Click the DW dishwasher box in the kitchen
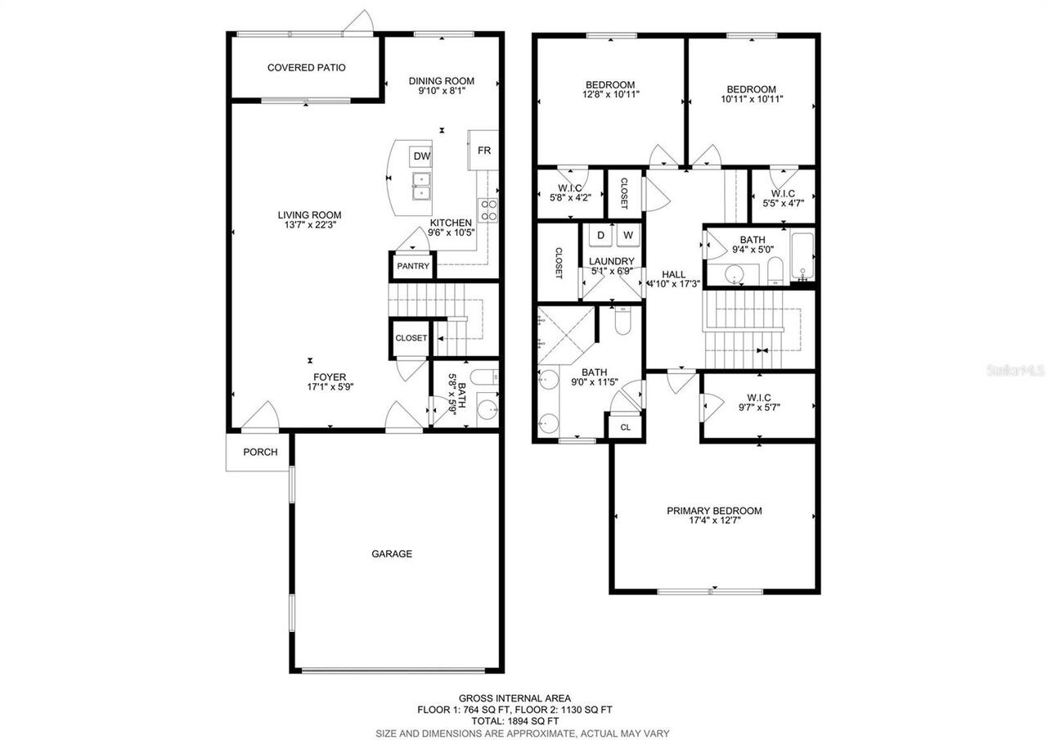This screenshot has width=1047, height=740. coord(421,156)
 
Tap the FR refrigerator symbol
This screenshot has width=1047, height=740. coord(483,151)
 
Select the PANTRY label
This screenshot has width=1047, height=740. coord(412,267)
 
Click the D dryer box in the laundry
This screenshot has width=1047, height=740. coord(600,236)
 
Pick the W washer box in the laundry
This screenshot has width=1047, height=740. coord(628,236)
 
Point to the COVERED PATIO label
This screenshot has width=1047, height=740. coord(306,67)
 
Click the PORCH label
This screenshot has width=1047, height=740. coord(260,452)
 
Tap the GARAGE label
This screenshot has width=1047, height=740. coord(392,554)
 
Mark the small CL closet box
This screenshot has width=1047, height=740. coord(625,427)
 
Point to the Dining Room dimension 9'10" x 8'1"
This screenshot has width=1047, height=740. coord(441,92)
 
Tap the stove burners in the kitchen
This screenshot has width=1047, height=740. coord(488,210)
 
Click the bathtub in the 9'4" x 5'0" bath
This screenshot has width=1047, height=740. coord(802,255)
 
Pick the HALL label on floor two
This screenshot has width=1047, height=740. coord(674,274)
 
